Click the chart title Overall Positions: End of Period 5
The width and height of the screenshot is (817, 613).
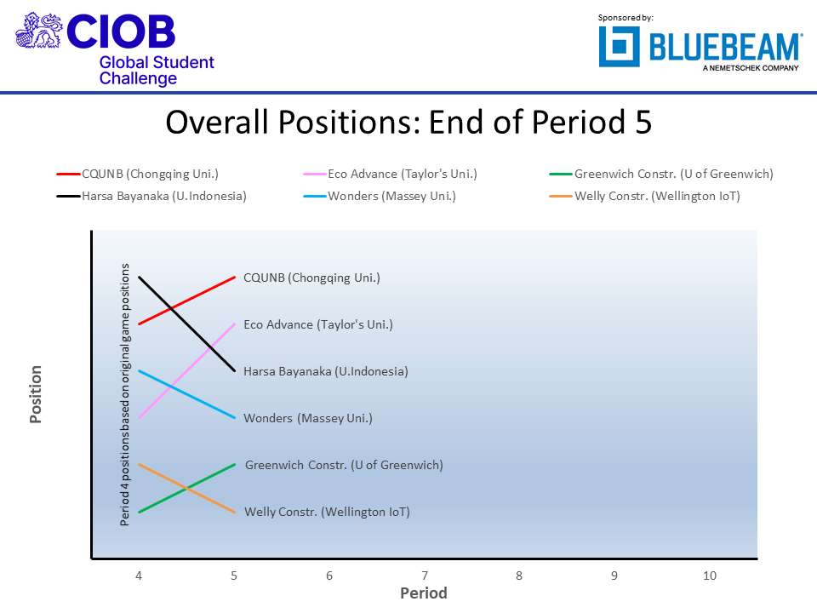pos(408,123)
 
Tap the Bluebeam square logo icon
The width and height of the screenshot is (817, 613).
pos(620,46)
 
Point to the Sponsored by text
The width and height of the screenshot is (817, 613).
pos(626,17)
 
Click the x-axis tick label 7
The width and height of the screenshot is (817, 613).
pos(424,576)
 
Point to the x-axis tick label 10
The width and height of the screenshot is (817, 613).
pos(710,576)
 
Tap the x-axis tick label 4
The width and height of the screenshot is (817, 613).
pos(139,576)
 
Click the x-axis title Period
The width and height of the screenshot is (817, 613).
pos(424,593)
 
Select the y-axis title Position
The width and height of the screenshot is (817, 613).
pos(36,394)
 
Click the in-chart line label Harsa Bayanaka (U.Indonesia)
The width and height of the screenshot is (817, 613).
pos(325,371)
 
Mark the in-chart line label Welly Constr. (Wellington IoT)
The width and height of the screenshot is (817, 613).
pos(327,512)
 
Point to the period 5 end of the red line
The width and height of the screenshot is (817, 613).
pos(234,277)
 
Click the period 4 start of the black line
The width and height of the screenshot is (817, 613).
pos(139,277)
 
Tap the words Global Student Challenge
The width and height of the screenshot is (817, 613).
pos(156,71)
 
